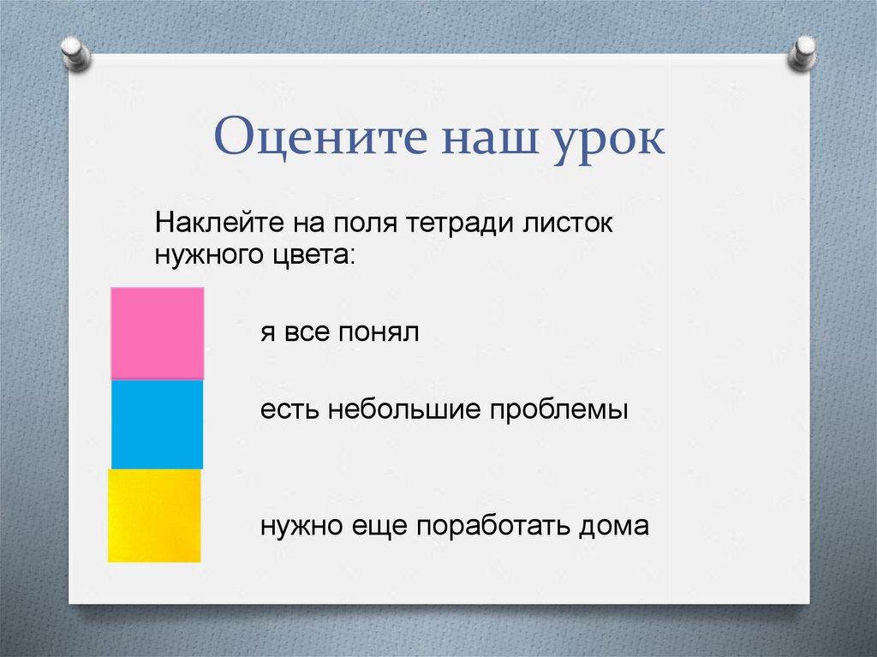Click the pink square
pyautogui.click(x=158, y=333)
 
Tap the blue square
pyautogui.click(x=158, y=424)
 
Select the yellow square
pyautogui.click(x=154, y=516)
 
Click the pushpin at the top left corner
pyautogui.click(x=76, y=52)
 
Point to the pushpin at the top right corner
pyautogui.click(x=802, y=52)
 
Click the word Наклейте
pyautogui.click(x=219, y=223)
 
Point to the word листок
pyautogui.click(x=569, y=224)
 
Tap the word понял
pyautogui.click(x=379, y=332)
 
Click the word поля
pyautogui.click(x=366, y=224)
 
